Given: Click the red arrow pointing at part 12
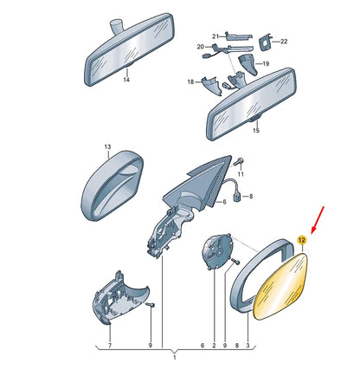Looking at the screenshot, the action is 318,221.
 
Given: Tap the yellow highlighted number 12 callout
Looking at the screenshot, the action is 302,240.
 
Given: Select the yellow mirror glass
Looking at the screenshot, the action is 280,286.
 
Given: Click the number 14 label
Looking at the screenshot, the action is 126,80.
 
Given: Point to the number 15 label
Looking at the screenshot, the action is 256,131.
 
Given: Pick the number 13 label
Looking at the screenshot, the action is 107,147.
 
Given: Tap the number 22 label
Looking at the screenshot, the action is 284,42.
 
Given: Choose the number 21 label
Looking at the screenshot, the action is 215,36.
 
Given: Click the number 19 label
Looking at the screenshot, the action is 266,63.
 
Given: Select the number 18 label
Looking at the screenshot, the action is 190,82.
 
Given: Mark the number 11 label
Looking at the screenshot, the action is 241,174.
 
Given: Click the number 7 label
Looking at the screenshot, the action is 110,346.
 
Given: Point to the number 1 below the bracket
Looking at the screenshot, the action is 175,358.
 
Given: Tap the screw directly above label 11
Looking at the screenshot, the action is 238,161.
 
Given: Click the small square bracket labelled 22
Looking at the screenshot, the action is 265,42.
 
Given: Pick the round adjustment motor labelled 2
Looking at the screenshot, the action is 217,251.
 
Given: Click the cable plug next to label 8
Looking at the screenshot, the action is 237,198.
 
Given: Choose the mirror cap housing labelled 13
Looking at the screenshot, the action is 112,185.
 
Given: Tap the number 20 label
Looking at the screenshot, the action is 200,47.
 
